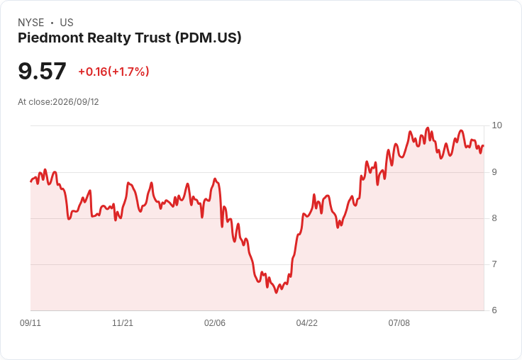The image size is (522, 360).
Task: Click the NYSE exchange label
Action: [31, 23]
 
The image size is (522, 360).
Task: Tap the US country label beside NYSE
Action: [67, 23]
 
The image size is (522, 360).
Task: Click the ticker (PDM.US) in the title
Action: [208, 38]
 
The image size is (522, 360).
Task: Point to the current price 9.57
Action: [42, 71]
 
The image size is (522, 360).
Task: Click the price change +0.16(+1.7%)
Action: [113, 72]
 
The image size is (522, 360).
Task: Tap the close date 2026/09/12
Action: [76, 102]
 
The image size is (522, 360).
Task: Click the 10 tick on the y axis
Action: [496, 125]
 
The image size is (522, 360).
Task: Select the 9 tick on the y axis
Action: [494, 172]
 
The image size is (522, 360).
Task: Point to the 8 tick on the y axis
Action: [494, 218]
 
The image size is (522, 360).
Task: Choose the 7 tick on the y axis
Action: [494, 264]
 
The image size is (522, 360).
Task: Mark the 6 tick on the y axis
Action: [494, 310]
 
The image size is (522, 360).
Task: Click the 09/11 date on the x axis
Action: [30, 323]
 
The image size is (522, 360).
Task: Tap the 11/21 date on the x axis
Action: [123, 323]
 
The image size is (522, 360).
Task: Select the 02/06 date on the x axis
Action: [215, 323]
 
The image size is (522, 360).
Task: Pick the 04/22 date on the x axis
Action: [307, 323]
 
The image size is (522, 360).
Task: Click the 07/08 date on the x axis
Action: [399, 323]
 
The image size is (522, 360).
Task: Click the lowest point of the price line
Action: [276, 293]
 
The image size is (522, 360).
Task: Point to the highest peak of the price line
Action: [428, 128]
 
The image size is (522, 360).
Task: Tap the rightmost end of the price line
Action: [484, 146]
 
